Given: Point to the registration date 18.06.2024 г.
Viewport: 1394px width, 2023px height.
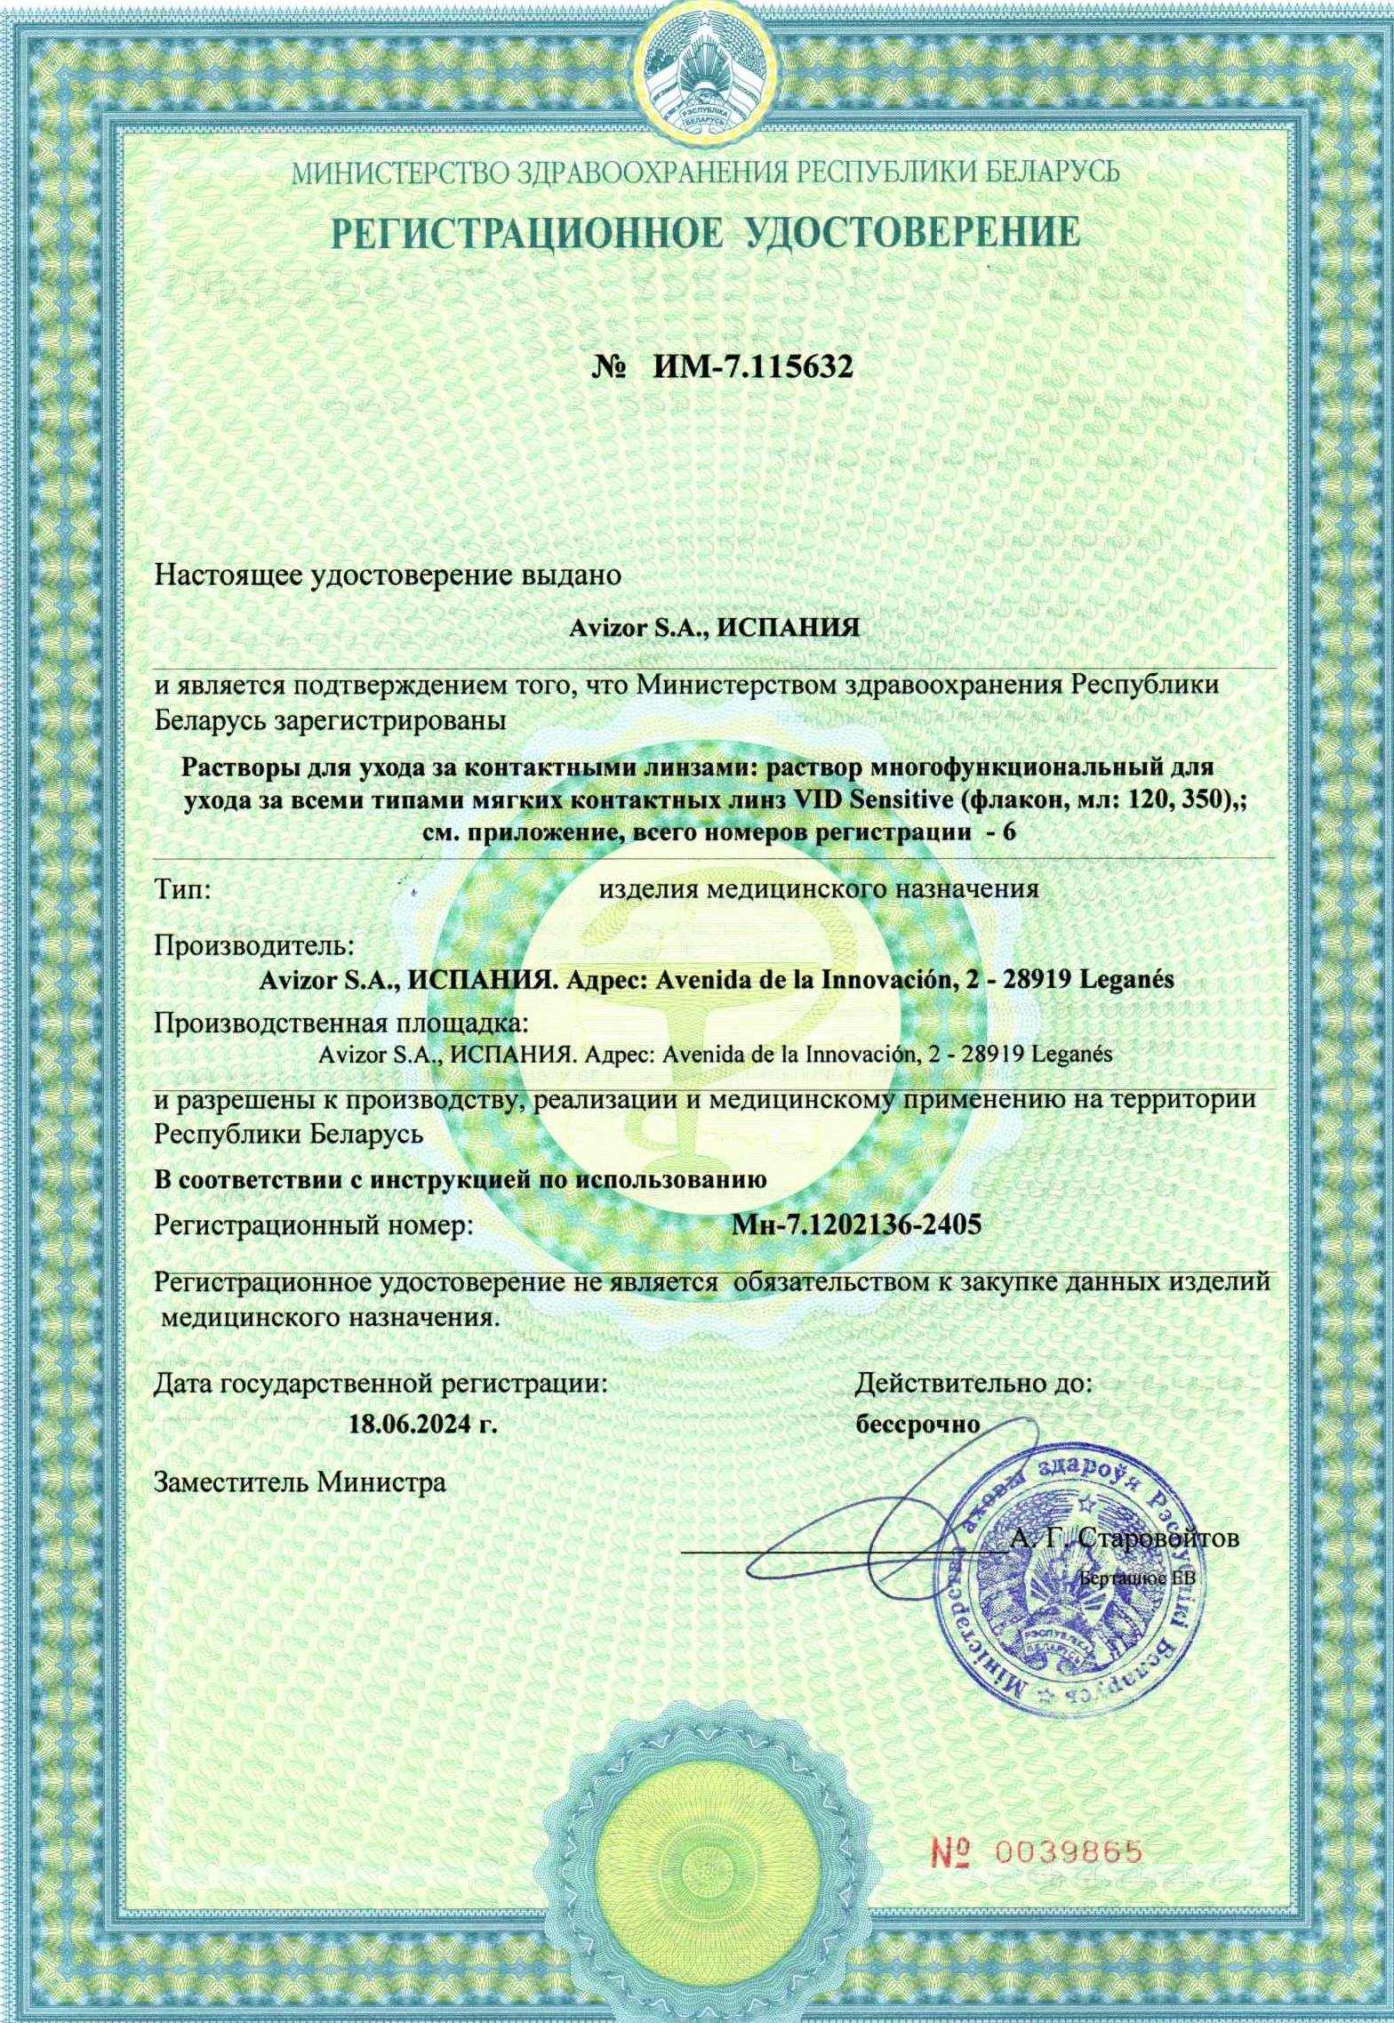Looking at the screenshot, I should [421, 1422].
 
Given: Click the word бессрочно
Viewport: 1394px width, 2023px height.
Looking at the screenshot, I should [917, 1422].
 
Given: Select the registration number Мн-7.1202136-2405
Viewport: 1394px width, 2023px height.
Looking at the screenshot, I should [857, 1225].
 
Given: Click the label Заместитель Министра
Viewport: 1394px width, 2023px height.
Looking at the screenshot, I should [300, 1481].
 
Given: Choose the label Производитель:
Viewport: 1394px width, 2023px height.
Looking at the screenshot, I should [255, 943].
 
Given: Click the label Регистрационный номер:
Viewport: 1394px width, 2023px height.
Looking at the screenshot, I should [313, 1225].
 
